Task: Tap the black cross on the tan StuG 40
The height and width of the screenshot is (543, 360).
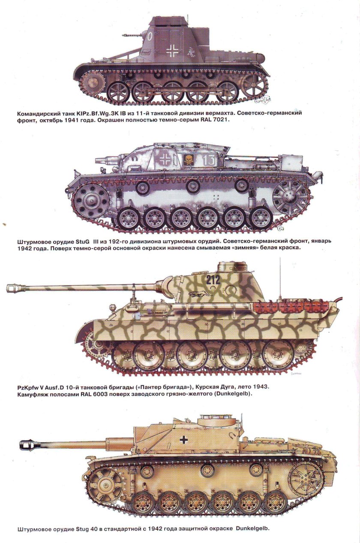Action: pyautogui.click(x=185, y=439)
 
